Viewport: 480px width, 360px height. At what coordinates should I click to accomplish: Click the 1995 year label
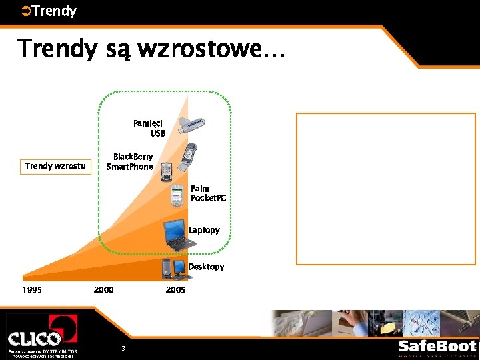(x=32, y=290)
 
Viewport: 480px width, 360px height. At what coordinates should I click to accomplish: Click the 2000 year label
(x=103, y=290)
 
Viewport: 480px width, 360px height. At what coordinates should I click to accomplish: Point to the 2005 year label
(x=175, y=290)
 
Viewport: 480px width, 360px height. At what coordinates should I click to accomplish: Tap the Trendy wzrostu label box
(x=55, y=166)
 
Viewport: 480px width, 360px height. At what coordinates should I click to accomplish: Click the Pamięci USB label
(x=149, y=128)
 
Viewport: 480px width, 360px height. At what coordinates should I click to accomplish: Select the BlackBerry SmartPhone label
(x=130, y=162)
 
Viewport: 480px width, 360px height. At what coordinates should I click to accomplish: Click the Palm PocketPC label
(x=208, y=193)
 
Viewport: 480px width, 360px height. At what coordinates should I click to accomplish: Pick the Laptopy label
(x=204, y=230)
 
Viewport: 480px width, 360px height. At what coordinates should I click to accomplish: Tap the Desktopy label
(x=206, y=267)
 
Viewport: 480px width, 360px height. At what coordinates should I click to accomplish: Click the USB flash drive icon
(x=191, y=126)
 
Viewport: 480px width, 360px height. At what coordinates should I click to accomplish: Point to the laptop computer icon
(x=179, y=235)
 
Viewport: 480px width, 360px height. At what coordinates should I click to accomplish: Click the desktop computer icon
(x=173, y=268)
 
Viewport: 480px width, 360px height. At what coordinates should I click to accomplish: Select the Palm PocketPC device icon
(x=177, y=195)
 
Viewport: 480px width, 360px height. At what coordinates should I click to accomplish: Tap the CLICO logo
(x=41, y=333)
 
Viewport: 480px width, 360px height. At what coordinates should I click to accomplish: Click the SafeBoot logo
(x=437, y=347)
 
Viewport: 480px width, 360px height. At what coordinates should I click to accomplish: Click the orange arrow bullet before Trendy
(x=25, y=11)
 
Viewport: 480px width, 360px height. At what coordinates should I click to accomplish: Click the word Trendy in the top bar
(x=54, y=11)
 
